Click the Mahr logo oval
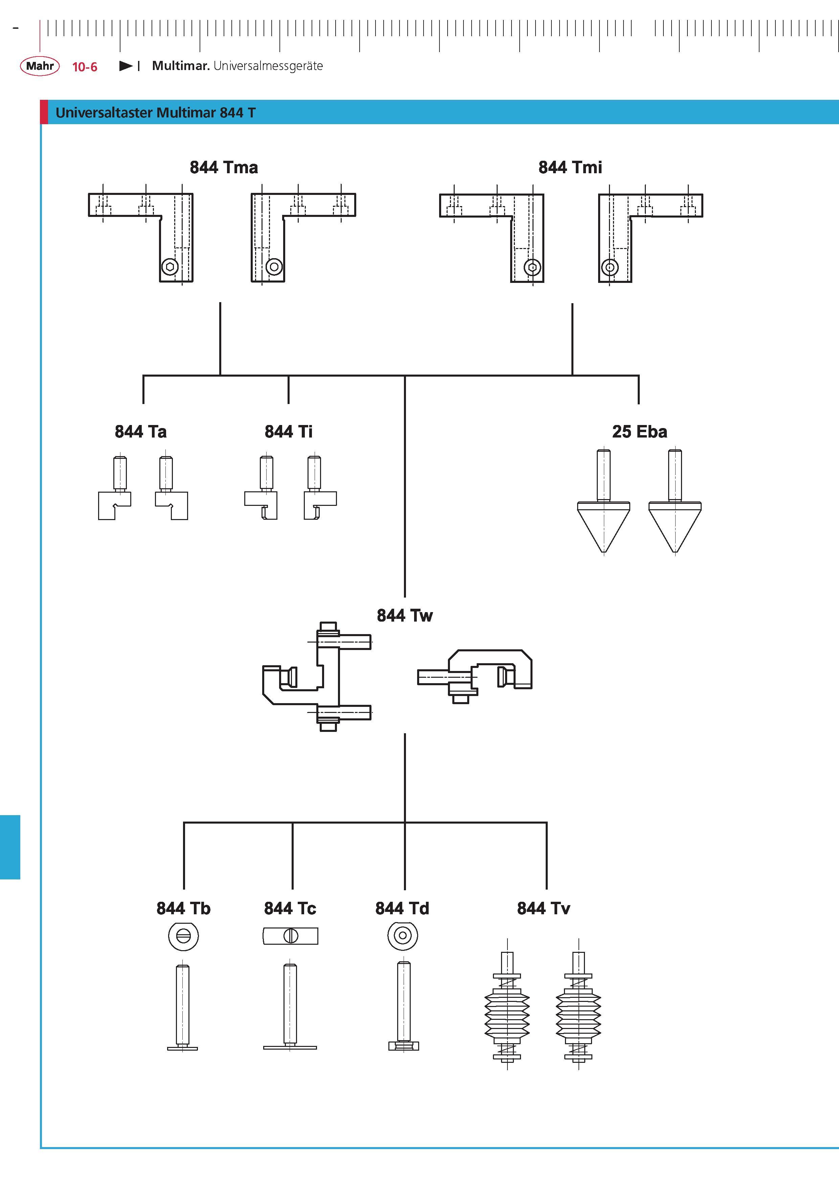point(40,66)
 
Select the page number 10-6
point(85,67)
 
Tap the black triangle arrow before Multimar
point(126,66)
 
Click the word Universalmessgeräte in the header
point(268,66)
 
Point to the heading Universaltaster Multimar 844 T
point(156,113)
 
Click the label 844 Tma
point(224,167)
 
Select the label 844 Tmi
point(570,167)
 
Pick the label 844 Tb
point(183,908)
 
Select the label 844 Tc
point(290,908)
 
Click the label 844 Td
point(402,908)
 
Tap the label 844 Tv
point(543,908)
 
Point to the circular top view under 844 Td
point(403,935)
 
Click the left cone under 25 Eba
point(604,527)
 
